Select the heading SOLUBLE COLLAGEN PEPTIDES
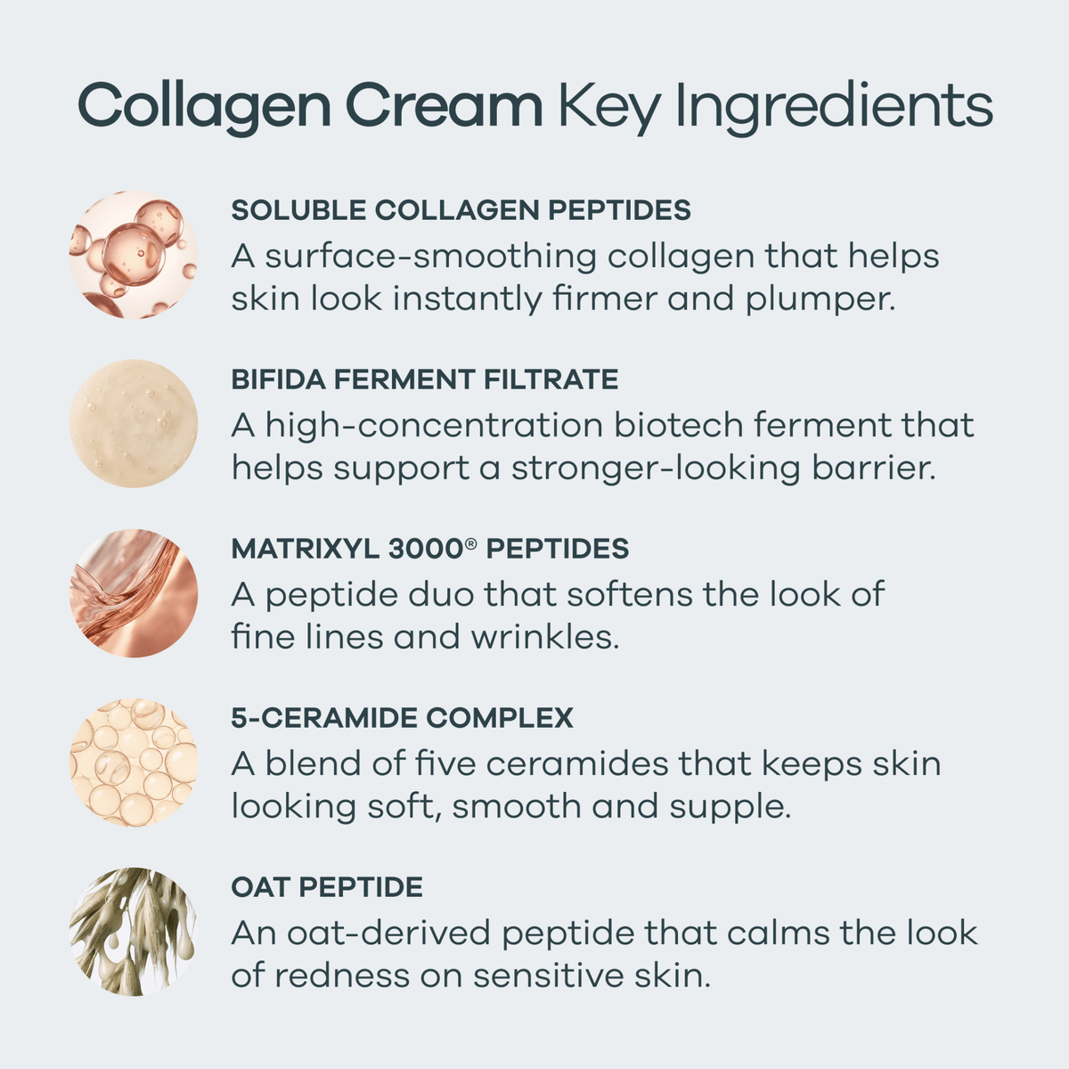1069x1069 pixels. pos(461,209)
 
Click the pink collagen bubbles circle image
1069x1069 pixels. pos(134,255)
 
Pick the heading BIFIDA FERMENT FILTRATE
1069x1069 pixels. pos(425,379)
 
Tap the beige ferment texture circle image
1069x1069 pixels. pos(134,423)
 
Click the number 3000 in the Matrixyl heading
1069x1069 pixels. pos(426,548)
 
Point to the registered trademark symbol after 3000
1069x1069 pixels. pos(471,543)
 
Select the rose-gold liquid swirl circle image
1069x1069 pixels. pos(134,593)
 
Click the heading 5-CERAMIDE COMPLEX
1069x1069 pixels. pos(402,717)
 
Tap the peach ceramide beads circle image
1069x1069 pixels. pos(134,763)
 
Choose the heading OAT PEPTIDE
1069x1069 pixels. pos(327,886)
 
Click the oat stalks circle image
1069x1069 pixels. pos(134,932)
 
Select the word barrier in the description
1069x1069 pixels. pos(874,469)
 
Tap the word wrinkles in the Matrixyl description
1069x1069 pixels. pos(545,637)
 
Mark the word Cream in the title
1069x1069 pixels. pos(444,105)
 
